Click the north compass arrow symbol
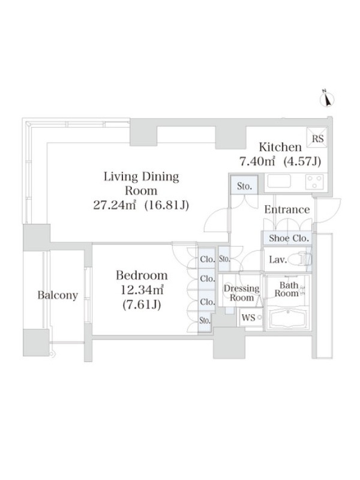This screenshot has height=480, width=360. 327,99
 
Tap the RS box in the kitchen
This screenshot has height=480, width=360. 317,139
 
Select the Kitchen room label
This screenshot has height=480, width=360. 280,147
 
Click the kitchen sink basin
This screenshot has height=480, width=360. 279,181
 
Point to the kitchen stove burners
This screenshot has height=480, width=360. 314,181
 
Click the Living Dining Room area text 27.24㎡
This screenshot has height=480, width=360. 114,205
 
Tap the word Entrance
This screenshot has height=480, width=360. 287,209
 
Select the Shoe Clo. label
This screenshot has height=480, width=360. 289,238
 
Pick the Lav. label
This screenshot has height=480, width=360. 278,260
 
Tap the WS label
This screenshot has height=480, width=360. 248,317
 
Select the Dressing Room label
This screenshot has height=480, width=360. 242,293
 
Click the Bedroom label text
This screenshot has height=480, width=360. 142,275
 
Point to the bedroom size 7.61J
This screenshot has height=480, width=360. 142,304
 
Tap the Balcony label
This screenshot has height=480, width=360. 58,295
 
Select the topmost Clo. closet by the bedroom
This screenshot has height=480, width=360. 207,259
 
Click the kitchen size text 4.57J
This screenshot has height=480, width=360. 302,161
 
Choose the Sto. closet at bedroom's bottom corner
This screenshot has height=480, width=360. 205,320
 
